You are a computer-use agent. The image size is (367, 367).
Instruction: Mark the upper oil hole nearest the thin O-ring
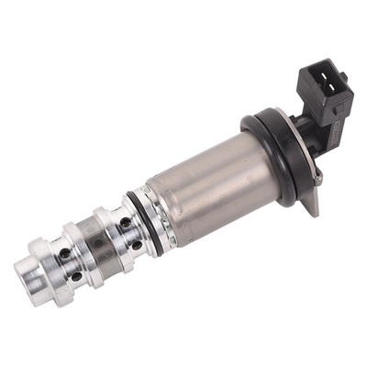(124, 221)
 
